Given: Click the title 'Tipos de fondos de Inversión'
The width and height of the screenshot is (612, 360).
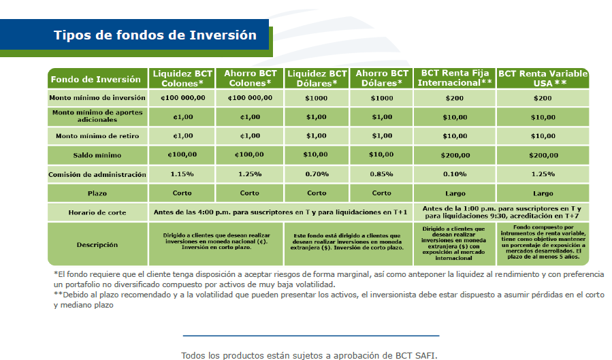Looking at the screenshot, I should pos(155,35).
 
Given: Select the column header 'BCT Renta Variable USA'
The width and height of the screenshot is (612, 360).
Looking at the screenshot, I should pos(543,78).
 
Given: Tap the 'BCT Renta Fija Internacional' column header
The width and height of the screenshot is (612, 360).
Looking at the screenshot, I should pos(455,78).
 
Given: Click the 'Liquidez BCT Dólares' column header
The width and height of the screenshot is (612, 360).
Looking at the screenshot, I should pos(317,78).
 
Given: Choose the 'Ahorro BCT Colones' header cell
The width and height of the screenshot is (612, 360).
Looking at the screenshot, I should pos(249,78).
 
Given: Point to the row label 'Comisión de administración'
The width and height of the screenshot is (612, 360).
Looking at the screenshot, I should pos(97,175).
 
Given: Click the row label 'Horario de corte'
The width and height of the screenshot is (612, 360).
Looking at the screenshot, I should pos(97,212).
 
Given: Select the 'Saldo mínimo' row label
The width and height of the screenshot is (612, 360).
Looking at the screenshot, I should pos(97,155).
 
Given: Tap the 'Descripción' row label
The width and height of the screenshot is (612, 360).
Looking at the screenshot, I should pos(97,244).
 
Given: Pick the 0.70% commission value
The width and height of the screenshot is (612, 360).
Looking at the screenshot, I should pos(317,175).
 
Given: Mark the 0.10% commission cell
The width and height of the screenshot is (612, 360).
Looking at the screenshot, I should pos(454,175).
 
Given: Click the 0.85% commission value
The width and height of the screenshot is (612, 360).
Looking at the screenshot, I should pos(382,175).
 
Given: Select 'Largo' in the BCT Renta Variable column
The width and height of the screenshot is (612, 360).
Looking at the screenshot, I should pos(543,193).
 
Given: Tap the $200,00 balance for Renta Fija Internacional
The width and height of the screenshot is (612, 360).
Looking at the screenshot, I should pos(454,155).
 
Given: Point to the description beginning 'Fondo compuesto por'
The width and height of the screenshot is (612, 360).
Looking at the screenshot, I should pos(543,243).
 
